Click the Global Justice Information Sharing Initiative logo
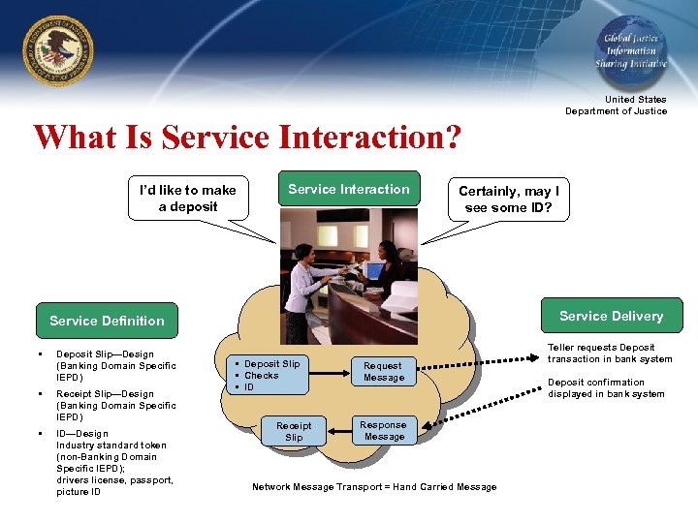pos(631,50)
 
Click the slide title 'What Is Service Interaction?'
pos(247,137)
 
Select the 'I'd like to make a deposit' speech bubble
pos(188,198)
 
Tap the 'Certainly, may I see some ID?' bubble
pos(508,199)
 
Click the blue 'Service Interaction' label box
pos(349,190)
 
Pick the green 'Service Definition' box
pos(107,321)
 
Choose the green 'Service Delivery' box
pos(611,316)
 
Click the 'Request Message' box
pos(384,372)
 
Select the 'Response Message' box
pos(384,431)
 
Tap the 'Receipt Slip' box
pos(294,432)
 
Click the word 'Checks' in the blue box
pos(261,376)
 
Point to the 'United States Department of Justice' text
pos(617,105)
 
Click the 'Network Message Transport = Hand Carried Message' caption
pos(374,486)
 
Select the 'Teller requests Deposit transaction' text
pos(610,353)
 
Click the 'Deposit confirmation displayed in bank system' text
pos(606,387)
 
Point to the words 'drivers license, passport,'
pos(114,480)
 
